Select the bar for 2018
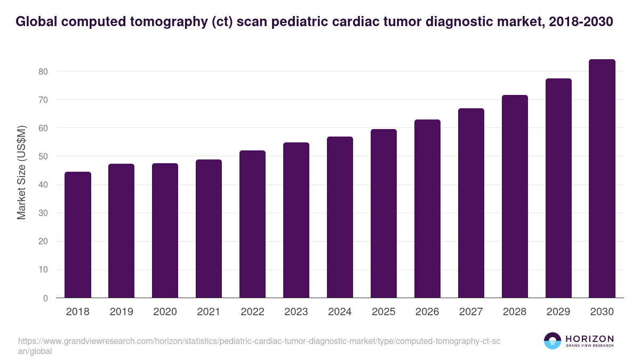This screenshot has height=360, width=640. coord(78,235)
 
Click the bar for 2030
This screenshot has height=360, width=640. coord(602,179)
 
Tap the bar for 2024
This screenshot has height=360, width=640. coord(340,217)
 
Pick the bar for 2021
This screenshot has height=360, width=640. coord(209,229)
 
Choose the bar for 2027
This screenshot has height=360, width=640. coord(471,203)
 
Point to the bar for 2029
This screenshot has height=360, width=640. coord(558,188)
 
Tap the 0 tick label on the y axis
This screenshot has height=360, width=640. coord(46,298)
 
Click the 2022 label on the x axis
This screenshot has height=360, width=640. coord(252,312)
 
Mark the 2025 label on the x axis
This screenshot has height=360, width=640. coord(383,312)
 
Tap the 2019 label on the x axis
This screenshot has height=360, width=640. coord(122,312)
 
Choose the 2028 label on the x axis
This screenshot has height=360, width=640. coord(515,312)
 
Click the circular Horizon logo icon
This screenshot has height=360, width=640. coord(553,341)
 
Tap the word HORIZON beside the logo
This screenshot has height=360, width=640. coord(589,339)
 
